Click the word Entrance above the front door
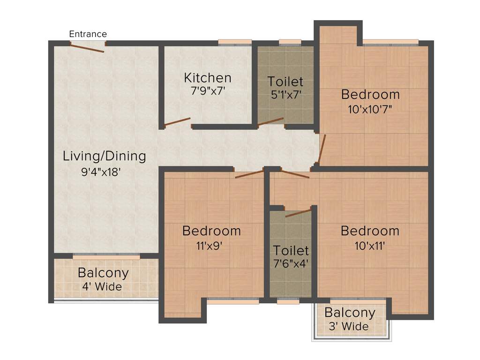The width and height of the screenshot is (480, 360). coord(88,34)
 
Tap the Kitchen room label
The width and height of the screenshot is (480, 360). coord(207,77)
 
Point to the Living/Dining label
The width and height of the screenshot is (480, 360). coord(105,156)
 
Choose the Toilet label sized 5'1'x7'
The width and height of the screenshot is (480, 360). coord(285,82)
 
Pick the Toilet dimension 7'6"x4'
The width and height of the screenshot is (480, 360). coord(291,264)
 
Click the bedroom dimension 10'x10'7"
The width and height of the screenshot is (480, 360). coord(370,109)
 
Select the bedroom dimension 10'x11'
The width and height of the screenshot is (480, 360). coord(369,246)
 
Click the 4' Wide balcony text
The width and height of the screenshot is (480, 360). coord(103,286)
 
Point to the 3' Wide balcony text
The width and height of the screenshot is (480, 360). coord(350,326)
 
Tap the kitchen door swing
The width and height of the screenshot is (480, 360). coord(177,122)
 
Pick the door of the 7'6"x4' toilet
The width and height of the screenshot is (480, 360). coord(298,213)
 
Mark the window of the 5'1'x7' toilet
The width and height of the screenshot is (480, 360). coord(290,43)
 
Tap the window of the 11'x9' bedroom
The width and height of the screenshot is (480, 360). coord(233,302)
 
